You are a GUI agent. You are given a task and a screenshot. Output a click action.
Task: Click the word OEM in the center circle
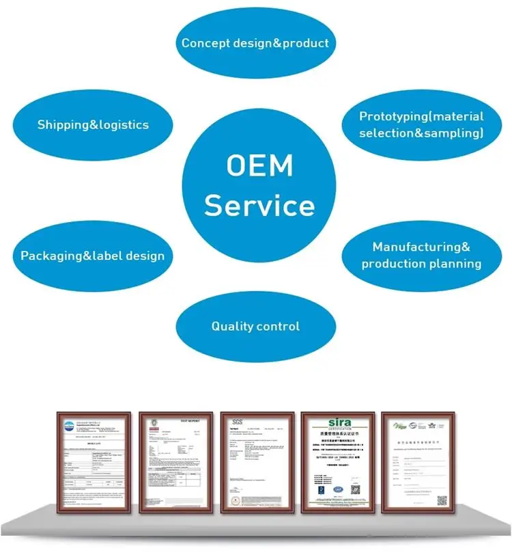259,166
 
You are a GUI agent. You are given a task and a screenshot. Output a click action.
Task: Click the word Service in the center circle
259,205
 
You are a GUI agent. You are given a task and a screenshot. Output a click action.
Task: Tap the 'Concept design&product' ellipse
255,43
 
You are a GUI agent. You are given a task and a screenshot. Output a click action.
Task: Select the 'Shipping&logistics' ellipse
93,124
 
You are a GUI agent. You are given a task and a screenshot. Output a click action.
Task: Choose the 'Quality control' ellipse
255,326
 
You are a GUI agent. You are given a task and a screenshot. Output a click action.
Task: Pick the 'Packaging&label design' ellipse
93,256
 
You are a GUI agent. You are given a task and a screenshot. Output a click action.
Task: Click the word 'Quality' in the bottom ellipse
232,327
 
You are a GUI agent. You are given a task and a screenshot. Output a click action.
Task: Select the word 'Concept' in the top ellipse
204,43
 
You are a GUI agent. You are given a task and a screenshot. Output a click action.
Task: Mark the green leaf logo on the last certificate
399,425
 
